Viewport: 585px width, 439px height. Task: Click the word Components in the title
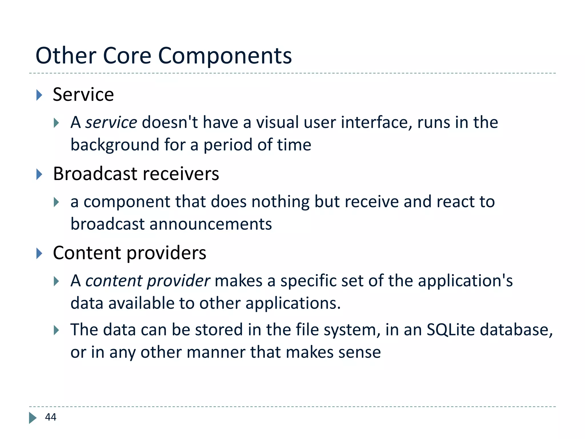coord(225,56)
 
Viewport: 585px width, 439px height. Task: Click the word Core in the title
coord(127,56)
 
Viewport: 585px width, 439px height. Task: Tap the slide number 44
coord(51,417)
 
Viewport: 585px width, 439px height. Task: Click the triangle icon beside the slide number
coord(33,418)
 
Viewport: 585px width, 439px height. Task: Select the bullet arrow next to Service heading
coord(39,95)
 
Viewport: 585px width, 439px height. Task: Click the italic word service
coord(111,123)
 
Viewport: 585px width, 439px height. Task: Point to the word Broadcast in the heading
coord(95,174)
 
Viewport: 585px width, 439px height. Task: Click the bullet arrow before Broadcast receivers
coord(39,174)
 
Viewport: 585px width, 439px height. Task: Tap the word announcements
coord(211,224)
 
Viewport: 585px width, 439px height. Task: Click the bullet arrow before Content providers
coord(39,254)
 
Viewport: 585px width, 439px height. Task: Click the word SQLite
coord(450,330)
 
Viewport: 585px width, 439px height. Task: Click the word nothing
coord(280,202)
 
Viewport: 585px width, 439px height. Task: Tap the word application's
coord(465,281)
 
